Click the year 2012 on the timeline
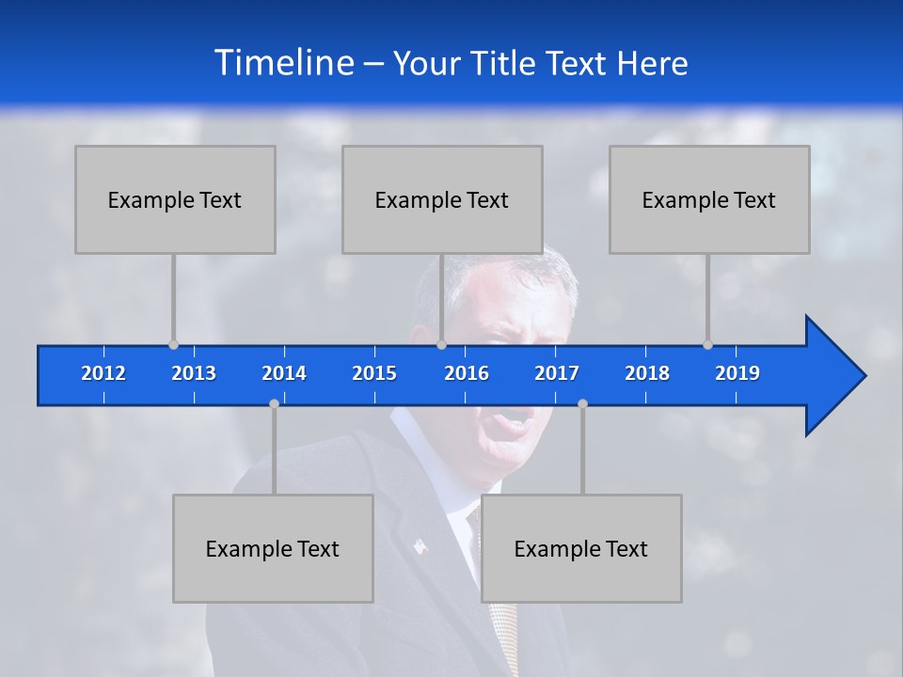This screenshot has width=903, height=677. tap(103, 373)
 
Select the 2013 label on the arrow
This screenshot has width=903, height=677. tap(194, 373)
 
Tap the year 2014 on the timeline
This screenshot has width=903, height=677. tap(284, 373)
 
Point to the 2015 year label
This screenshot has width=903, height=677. tap(374, 373)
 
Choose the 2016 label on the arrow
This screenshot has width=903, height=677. tap(467, 373)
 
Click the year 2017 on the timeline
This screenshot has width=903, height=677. tap(557, 373)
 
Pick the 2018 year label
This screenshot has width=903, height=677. tap(647, 373)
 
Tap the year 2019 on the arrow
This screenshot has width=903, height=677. tap(737, 373)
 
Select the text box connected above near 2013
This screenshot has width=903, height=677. tap(175, 199)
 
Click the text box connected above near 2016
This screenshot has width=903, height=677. tap(442, 199)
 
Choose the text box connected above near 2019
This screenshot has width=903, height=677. tap(709, 199)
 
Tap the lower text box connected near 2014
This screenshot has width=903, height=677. tap(273, 548)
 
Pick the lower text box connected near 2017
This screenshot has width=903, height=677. tap(581, 548)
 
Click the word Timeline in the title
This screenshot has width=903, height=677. tap(283, 63)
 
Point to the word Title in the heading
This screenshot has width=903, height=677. tap(508, 64)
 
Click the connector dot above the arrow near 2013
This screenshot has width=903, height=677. tap(173, 345)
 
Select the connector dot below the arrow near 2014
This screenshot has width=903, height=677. tap(274, 403)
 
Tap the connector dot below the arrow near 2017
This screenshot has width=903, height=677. tap(582, 403)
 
